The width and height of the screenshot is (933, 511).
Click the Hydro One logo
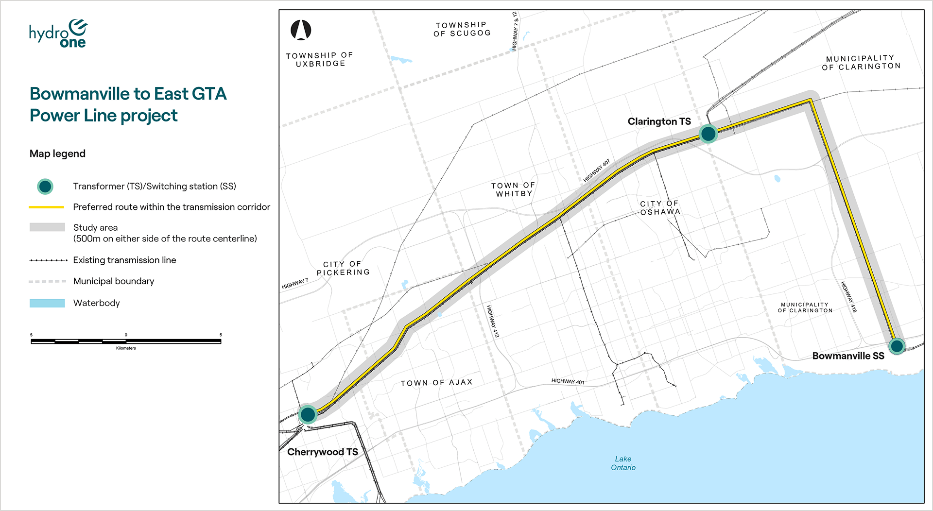click(x=58, y=34)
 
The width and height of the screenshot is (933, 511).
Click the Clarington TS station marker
click(x=708, y=133)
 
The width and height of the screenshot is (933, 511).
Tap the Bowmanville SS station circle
click(x=897, y=346)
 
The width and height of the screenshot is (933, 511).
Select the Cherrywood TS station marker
click(x=308, y=414)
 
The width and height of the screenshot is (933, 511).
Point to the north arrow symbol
click(x=301, y=30)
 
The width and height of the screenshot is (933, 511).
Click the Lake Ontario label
click(x=623, y=463)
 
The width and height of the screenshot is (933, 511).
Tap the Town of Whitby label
click(x=513, y=189)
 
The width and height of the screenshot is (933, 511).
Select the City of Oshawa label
click(x=659, y=208)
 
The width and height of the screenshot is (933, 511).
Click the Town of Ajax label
click(x=436, y=383)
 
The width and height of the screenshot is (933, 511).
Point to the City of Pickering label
click(x=343, y=268)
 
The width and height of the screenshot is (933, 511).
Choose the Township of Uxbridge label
click(x=320, y=59)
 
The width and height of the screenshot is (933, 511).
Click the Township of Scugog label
click(x=462, y=29)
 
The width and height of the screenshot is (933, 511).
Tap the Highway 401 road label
click(x=568, y=381)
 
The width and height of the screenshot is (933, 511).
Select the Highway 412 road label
click(x=493, y=321)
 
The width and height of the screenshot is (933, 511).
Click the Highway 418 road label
click(x=849, y=296)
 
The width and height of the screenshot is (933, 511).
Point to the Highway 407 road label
click(x=596, y=170)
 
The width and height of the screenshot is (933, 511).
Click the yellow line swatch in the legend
click(x=47, y=207)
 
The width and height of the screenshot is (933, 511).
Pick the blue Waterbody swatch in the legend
click(x=47, y=303)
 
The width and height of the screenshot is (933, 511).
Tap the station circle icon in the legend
click(x=45, y=187)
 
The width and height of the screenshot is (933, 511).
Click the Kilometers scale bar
click(x=126, y=341)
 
